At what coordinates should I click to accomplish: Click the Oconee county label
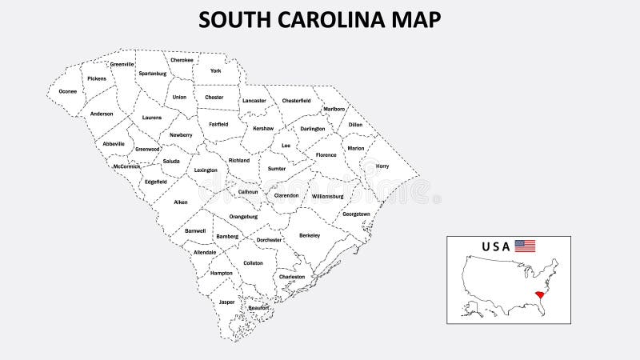pos(68,91)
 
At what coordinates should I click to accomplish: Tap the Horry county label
pos(382,166)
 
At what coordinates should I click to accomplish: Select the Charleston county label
pos(292,277)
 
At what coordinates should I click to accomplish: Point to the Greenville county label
pos(122,64)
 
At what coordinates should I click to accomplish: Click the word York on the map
pos(215,71)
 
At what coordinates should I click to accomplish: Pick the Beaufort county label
pos(258,308)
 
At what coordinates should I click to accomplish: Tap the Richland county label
pos(239,160)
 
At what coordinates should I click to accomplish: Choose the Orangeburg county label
pos(243,216)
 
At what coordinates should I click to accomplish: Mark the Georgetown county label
pos(356,214)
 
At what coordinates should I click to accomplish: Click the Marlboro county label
pos(334,109)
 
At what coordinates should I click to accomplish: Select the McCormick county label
pos(126,166)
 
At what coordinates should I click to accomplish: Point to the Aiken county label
pos(181,202)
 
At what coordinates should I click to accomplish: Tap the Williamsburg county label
pos(327,196)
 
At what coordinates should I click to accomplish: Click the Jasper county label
pos(227,302)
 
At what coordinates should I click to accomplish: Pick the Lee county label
pos(286,146)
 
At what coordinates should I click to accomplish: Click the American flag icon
pos(525,246)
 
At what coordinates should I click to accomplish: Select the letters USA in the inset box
pos(495,246)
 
